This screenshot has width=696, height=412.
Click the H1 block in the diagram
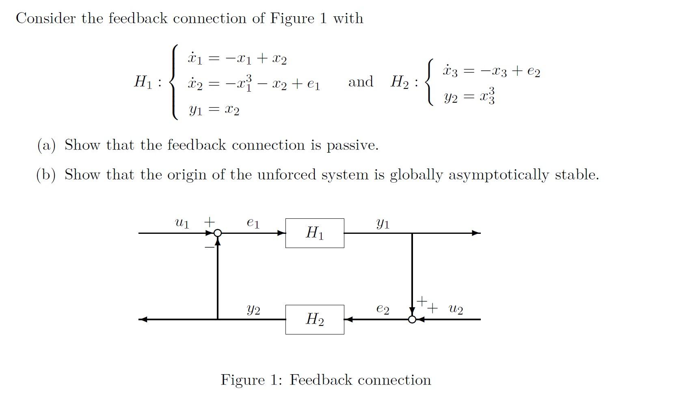[315, 233]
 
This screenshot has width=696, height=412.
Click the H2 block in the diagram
[315, 319]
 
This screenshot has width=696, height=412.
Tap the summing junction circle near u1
[218, 233]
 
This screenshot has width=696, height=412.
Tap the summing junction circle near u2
[412, 319]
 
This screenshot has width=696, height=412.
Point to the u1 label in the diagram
[182, 223]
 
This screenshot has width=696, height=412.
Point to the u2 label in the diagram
[456, 309]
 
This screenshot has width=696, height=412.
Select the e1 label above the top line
[253, 223]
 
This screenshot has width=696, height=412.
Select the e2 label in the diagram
[383, 309]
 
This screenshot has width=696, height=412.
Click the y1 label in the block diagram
[383, 223]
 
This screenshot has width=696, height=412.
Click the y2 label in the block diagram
[253, 310]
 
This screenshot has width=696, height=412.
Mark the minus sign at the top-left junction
[209, 246]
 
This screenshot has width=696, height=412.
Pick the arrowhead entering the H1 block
[281, 233]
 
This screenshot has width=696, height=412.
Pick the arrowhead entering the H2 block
[348, 319]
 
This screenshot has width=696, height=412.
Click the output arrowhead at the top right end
[476, 233]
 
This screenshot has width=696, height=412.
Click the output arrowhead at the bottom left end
[143, 319]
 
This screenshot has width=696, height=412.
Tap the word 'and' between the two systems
[361, 82]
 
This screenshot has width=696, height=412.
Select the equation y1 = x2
[214, 110]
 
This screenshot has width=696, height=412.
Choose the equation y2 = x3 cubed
[469, 96]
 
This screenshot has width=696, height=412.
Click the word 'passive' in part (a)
[352, 145]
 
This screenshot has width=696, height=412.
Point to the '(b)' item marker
[46, 175]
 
